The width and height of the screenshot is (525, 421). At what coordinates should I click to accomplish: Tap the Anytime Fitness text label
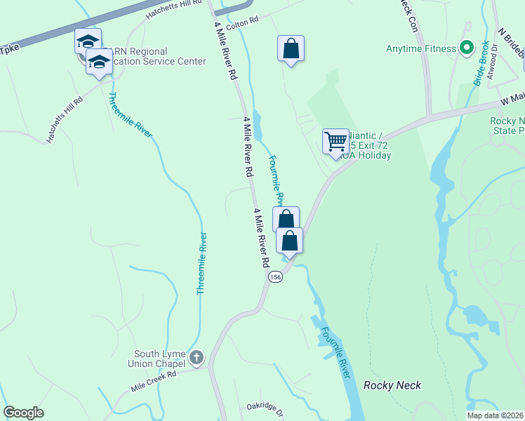point(421,49)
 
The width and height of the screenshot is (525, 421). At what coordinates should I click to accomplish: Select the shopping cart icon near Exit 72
point(336,141)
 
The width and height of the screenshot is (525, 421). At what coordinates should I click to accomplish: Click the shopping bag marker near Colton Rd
point(291,48)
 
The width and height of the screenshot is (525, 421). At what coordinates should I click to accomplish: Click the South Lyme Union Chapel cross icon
point(196,358)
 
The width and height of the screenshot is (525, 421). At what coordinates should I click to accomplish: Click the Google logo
point(23,413)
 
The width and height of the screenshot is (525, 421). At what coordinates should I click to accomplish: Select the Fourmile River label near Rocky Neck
point(334,354)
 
